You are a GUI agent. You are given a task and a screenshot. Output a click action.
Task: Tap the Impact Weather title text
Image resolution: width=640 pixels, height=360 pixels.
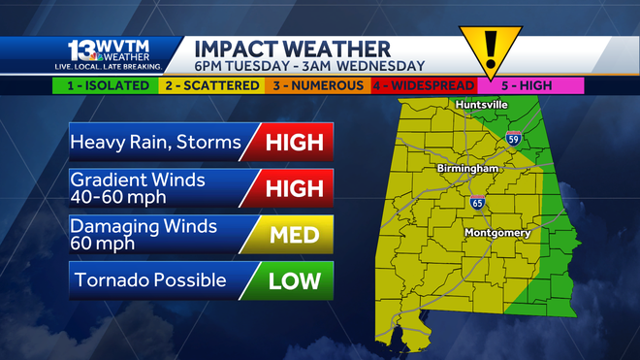292,49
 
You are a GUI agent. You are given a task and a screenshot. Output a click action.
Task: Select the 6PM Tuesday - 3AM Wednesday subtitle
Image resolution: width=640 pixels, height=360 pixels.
309,67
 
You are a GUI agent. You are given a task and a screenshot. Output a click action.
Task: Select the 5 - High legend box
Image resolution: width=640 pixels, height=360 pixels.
528,85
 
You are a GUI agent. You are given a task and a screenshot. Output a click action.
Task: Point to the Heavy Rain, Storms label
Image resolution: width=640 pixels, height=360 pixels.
155,143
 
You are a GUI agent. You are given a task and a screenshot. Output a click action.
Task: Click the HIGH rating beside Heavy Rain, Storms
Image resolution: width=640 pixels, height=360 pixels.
292,143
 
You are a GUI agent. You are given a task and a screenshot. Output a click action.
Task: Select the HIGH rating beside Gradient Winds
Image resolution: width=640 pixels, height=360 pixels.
292,187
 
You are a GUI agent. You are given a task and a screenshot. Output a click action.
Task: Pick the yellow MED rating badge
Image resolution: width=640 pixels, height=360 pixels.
292,234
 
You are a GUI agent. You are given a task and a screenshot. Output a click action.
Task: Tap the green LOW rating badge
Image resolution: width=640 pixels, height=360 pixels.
292,280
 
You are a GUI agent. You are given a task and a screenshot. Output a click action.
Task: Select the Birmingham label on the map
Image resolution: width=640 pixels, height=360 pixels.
466,169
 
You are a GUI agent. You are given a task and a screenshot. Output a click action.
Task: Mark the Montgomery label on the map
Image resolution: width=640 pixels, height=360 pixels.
496,234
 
